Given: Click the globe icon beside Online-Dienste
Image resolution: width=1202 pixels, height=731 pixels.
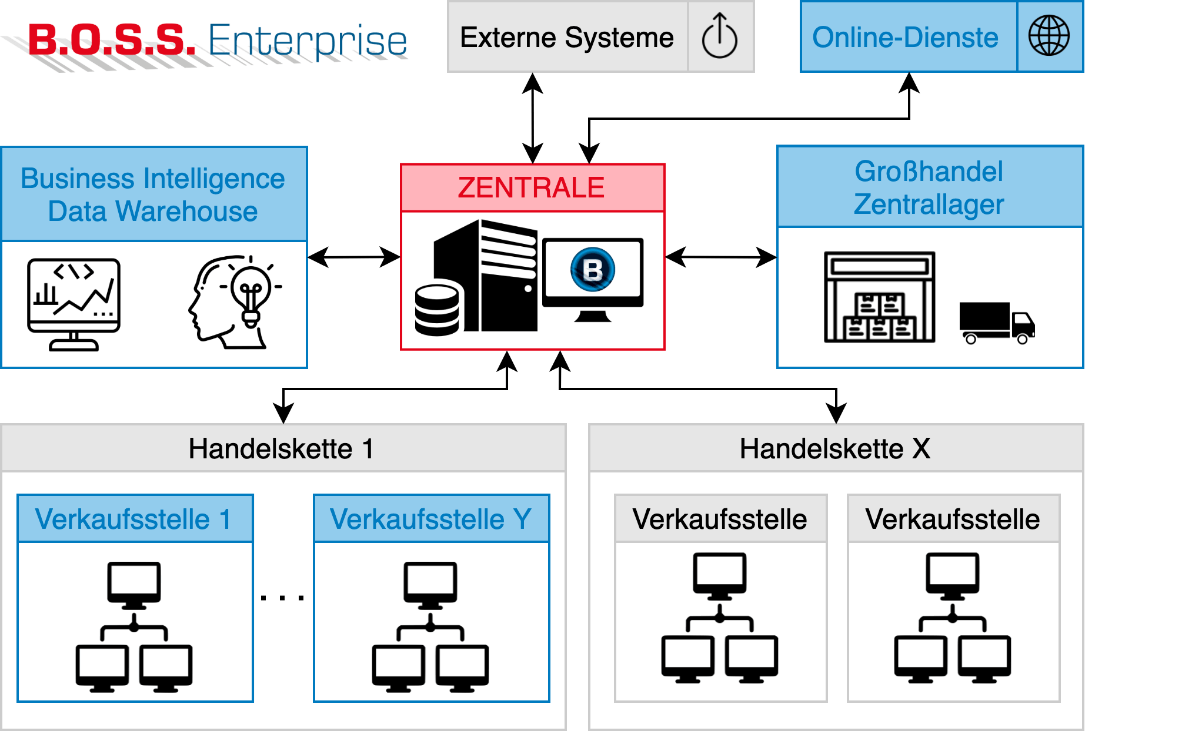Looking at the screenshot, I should (x=1049, y=36).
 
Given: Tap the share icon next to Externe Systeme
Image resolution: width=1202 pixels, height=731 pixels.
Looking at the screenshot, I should (x=719, y=36).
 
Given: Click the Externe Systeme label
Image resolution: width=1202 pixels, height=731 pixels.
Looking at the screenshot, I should (x=566, y=38).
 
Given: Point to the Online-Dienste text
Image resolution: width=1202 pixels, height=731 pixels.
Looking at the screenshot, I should (x=905, y=38).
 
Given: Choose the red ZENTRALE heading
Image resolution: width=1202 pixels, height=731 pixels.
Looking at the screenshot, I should (x=531, y=188).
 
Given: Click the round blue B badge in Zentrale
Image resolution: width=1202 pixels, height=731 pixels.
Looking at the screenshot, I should (x=593, y=270).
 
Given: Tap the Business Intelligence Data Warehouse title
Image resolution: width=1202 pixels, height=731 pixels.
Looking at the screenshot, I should (x=153, y=195).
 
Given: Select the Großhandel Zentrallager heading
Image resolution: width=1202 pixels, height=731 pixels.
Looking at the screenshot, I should (x=929, y=187).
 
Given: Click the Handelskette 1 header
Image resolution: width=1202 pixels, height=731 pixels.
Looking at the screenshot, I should (x=281, y=449).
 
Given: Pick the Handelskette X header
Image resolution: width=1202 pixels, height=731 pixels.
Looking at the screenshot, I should (x=835, y=449).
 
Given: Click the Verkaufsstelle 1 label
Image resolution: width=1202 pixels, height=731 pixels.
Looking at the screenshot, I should (x=133, y=519).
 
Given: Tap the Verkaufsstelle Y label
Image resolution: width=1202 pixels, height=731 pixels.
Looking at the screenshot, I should (x=430, y=519).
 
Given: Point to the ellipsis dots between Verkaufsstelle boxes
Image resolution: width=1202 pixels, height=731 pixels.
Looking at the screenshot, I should (x=282, y=598).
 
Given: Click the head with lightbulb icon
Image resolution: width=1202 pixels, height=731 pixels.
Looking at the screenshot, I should (x=232, y=300).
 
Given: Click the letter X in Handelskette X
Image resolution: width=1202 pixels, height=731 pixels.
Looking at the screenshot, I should (x=921, y=449).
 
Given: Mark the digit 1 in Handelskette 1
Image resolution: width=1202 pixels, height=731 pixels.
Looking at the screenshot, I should (x=368, y=449).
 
